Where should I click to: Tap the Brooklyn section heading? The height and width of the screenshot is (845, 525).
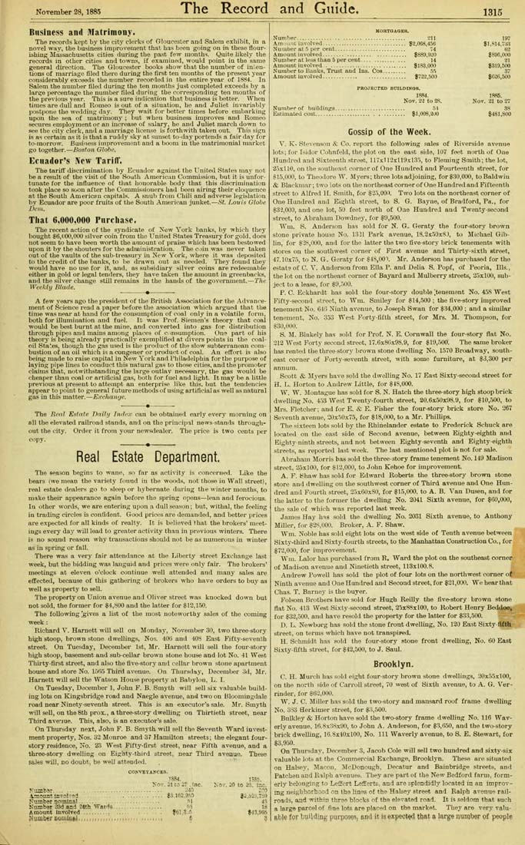tap(394, 685)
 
